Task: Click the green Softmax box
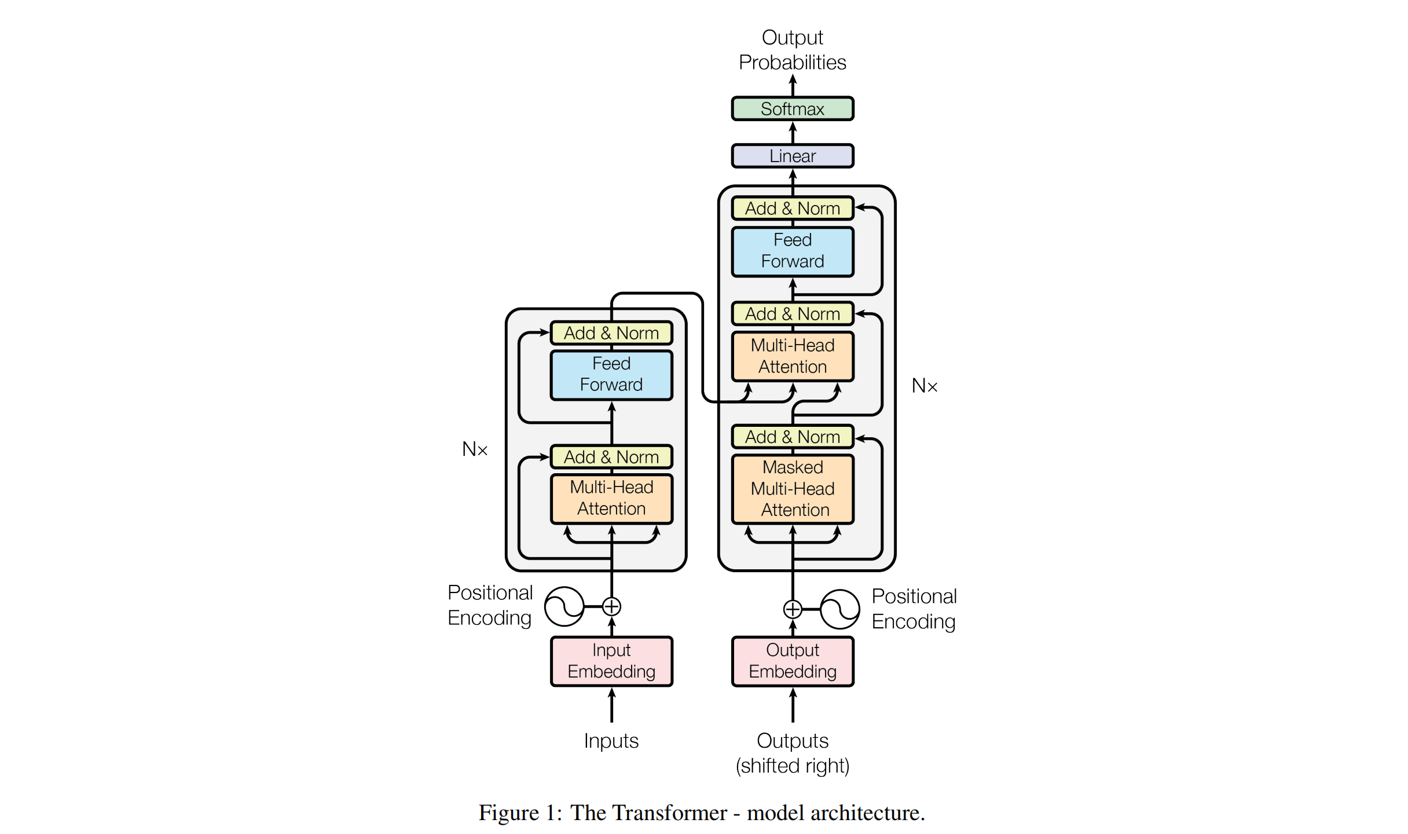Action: (792, 109)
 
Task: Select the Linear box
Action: (792, 156)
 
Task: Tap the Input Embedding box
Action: (611, 661)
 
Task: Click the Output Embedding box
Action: (792, 661)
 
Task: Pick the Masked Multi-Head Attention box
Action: (792, 489)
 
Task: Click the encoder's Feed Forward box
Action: (611, 374)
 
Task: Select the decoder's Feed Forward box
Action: (792, 251)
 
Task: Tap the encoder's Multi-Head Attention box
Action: (611, 498)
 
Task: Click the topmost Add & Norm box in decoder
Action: (792, 209)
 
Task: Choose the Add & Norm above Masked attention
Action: (792, 437)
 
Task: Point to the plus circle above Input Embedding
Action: (611, 606)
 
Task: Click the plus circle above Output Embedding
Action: (792, 609)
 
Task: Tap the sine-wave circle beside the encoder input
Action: (564, 606)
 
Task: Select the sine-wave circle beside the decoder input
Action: (839, 609)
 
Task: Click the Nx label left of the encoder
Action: (475, 449)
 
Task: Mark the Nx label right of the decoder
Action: (924, 386)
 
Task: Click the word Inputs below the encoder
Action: (611, 741)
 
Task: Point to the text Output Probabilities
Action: (792, 50)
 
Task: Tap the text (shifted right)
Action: (792, 766)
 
